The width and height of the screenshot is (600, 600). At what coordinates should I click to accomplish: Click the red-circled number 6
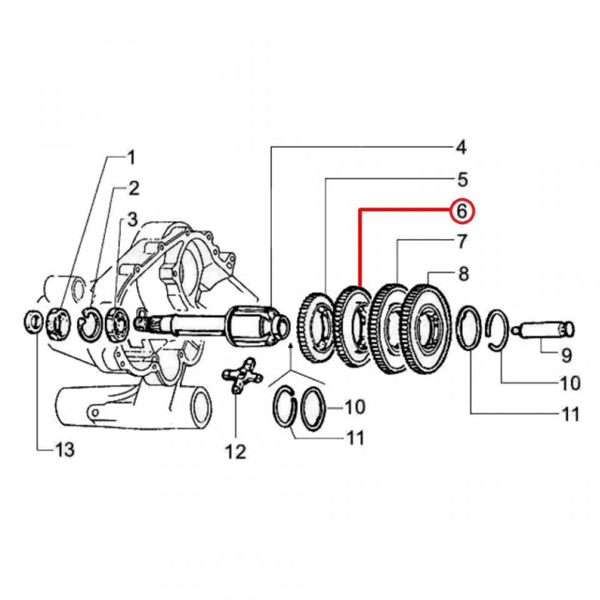(x=462, y=211)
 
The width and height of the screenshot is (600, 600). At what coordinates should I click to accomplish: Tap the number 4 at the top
(x=461, y=148)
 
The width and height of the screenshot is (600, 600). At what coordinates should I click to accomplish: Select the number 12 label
(x=236, y=451)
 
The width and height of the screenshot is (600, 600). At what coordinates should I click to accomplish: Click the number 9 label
(x=566, y=356)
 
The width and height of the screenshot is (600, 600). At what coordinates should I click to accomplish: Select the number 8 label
(x=463, y=273)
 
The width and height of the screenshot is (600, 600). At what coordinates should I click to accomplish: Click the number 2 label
(x=134, y=187)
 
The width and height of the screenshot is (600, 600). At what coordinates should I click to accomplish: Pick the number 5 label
(x=462, y=180)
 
